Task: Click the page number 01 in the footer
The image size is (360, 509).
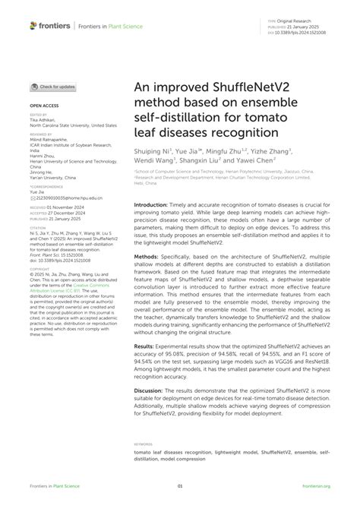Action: point(180,485)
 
